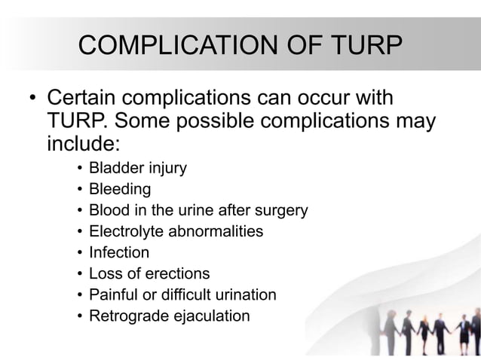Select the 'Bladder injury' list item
137,168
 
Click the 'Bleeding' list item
120,189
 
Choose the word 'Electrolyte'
126,231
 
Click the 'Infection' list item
119,252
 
